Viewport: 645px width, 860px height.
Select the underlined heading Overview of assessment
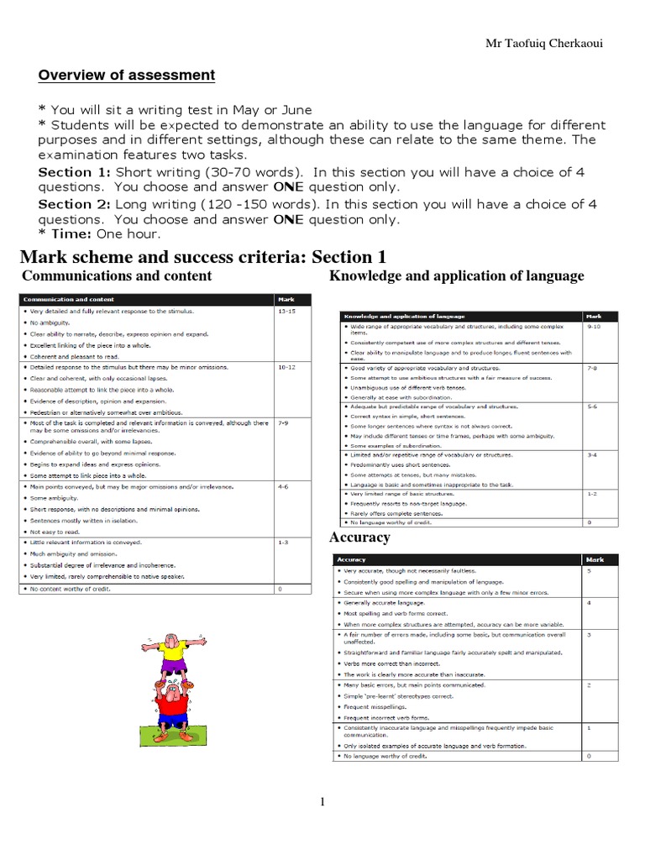(127, 76)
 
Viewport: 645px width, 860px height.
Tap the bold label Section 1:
(75, 172)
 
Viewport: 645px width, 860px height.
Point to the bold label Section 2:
(75, 204)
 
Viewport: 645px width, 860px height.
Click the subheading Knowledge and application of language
(456, 276)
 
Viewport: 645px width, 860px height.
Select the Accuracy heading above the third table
(359, 537)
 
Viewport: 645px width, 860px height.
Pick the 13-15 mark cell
(287, 311)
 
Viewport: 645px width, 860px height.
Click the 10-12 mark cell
(287, 367)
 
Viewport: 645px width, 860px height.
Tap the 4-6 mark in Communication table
(283, 485)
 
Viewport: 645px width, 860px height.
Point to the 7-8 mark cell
(591, 368)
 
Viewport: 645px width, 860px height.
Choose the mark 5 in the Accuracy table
(588, 571)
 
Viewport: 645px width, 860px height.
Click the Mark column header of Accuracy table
(595, 559)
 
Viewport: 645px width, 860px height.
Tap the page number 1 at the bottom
(322, 802)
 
